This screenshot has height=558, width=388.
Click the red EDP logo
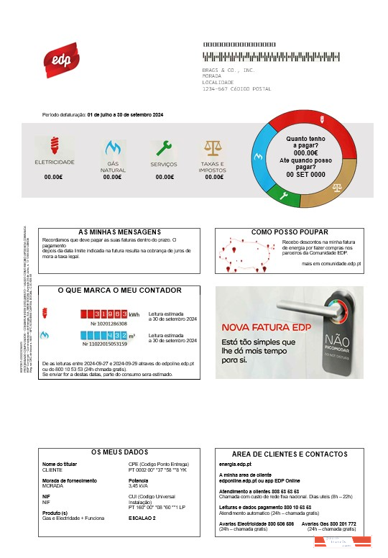click(x=61, y=60)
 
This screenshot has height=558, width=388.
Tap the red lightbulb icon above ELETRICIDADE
click(x=55, y=146)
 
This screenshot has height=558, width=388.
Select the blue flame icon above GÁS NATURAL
click(x=112, y=148)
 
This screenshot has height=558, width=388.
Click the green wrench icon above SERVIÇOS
click(x=165, y=148)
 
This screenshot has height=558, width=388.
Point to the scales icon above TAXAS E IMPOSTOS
click(x=213, y=148)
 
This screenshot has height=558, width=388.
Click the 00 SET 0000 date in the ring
click(x=305, y=175)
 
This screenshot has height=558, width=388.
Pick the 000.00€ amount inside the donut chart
click(x=305, y=152)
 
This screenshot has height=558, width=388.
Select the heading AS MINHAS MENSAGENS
click(x=119, y=232)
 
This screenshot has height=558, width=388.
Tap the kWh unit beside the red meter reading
click(x=134, y=314)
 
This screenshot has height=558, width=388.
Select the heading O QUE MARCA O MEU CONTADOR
click(x=119, y=291)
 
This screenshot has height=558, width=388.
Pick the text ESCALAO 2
click(x=142, y=518)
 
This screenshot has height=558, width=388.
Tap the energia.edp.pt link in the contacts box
click(x=235, y=465)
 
